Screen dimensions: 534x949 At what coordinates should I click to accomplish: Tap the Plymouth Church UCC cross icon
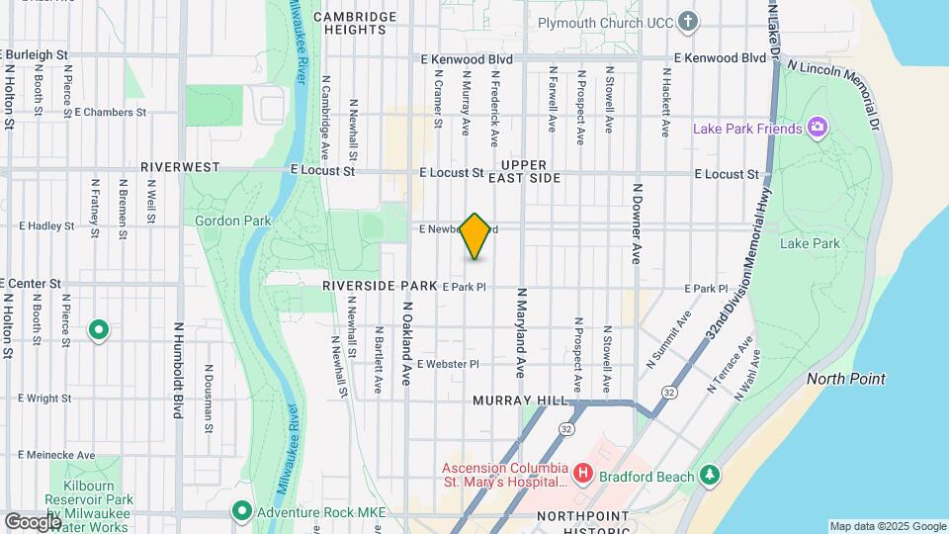tap(688, 22)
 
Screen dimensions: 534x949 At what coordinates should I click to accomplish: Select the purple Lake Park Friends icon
tap(817, 128)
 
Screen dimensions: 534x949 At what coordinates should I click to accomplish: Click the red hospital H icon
tap(582, 475)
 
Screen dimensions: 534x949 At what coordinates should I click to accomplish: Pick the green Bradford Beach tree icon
tap(709, 476)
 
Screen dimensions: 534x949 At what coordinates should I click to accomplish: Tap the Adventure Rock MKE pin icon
tap(241, 511)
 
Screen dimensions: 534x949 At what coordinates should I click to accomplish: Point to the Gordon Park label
tap(232, 220)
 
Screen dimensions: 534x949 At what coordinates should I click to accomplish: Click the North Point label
tap(845, 379)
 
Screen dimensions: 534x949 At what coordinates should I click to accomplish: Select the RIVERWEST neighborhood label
tap(180, 168)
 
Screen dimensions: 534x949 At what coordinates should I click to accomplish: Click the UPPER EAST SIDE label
tap(531, 171)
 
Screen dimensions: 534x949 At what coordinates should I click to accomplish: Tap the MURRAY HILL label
tap(521, 400)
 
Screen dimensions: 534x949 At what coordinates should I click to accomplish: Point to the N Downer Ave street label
tap(638, 222)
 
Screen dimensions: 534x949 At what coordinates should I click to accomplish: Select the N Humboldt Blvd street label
tap(179, 368)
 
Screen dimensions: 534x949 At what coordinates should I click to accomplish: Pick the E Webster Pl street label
tap(448, 364)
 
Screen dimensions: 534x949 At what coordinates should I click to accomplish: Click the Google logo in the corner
tap(32, 521)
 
